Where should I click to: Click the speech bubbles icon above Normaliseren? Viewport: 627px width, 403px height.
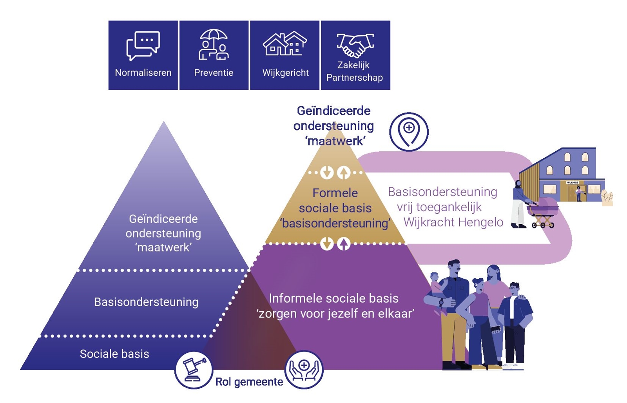(x=143, y=45)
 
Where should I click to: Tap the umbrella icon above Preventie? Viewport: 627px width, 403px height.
(x=214, y=44)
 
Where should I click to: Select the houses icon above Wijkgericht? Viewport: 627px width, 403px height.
(x=285, y=44)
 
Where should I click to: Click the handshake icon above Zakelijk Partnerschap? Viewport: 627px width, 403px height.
(x=355, y=45)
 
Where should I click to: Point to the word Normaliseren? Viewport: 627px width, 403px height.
(x=143, y=73)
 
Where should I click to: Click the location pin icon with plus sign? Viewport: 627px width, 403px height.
(x=409, y=132)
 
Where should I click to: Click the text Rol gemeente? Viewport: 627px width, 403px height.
(x=249, y=382)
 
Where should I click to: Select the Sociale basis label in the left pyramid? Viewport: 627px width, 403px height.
(x=114, y=354)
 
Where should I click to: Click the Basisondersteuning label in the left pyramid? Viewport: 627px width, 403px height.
(x=146, y=302)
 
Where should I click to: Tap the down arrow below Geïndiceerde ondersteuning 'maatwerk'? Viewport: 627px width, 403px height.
(x=327, y=172)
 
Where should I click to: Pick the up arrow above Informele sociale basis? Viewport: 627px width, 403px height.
(x=344, y=244)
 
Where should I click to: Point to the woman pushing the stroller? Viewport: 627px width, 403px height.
(x=519, y=204)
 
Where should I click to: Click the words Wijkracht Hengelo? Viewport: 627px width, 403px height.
(x=453, y=222)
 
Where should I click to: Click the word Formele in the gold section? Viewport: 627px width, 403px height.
(x=335, y=193)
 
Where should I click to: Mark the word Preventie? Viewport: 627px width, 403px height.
(x=214, y=73)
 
